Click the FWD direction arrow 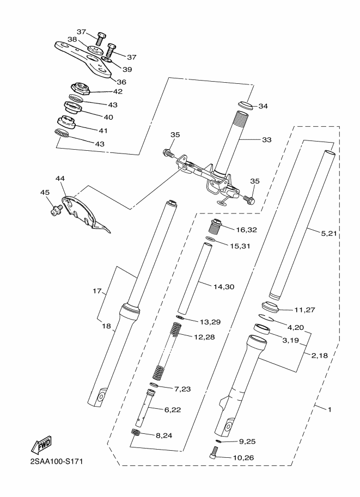[41, 446]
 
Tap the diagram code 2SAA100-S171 [57, 461]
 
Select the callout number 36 [121, 82]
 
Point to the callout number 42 [118, 91]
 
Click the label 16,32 [247, 230]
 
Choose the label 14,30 [224, 287]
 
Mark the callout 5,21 [328, 234]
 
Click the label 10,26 [243, 458]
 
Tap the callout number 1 [330, 409]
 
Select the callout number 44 [60, 179]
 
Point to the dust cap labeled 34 [246, 105]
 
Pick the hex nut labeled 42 [80, 88]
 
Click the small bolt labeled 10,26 [215, 452]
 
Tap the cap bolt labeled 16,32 [216, 226]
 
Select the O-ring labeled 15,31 [211, 238]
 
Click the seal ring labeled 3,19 [261, 329]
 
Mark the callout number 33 [267, 140]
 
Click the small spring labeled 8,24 [136, 432]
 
